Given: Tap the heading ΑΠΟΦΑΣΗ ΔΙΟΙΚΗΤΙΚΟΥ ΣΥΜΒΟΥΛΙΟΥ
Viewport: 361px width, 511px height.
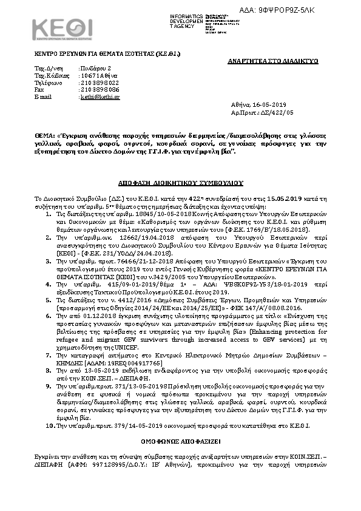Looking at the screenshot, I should pos(180,181).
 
